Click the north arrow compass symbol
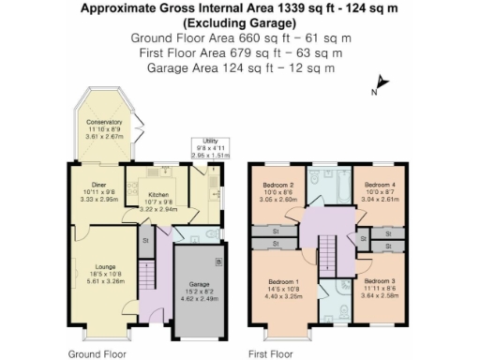pos(378,85)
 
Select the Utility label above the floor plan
pos(210,141)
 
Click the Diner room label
pos(98,185)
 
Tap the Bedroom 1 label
pos(283,282)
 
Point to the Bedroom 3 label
pos(380,282)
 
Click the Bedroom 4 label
pos(380,186)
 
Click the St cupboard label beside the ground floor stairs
pos(145,241)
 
